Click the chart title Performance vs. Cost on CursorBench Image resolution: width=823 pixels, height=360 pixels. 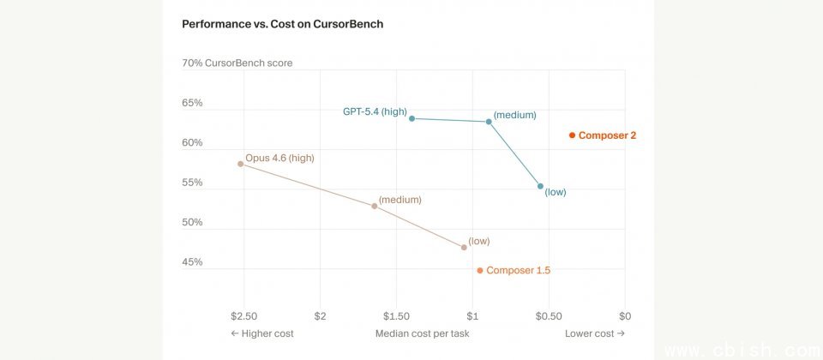(282, 24)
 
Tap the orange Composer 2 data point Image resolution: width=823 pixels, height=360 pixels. (572, 135)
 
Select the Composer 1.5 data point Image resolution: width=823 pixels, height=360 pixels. (480, 271)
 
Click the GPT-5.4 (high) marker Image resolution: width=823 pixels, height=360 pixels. (412, 118)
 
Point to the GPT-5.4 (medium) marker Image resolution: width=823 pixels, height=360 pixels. (489, 122)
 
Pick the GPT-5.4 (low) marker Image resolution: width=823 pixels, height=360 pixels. (540, 186)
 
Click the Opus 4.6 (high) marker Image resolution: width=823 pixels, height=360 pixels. (240, 164)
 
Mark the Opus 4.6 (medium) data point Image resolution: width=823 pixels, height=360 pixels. (375, 206)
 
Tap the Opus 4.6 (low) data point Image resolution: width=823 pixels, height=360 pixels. (464, 248)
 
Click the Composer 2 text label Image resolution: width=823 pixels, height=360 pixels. (607, 135)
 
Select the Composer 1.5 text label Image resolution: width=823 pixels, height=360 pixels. (518, 271)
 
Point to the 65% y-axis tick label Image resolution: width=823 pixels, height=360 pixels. (192, 103)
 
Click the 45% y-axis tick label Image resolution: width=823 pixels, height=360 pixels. (192, 262)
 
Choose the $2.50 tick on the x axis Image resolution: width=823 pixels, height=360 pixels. (244, 316)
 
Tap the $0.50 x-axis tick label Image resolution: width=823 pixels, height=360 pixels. (549, 316)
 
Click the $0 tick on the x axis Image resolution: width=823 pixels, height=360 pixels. (625, 316)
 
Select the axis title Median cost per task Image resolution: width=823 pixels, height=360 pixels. (422, 333)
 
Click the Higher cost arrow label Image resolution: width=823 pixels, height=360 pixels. (262, 333)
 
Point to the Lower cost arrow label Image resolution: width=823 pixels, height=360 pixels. (595, 333)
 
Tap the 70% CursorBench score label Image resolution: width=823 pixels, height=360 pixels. (237, 63)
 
